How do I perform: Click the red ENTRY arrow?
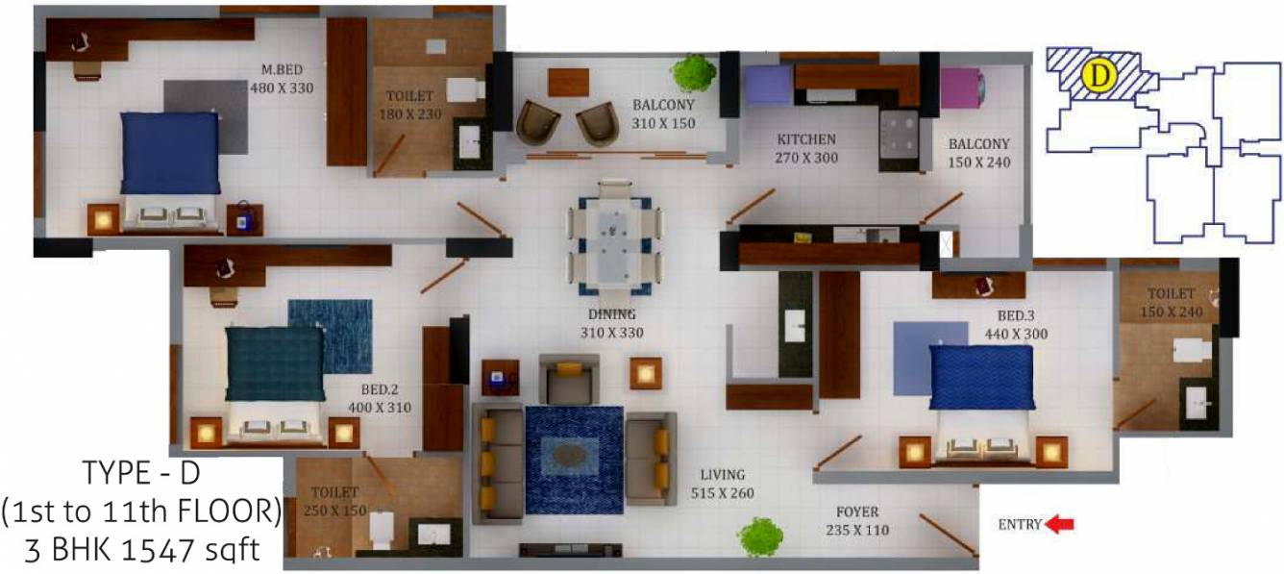click(1060, 524)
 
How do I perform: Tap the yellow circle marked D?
click(1098, 77)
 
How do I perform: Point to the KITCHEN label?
click(805, 139)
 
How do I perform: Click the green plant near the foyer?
click(760, 537)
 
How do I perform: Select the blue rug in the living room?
click(574, 454)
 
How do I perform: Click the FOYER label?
click(856, 512)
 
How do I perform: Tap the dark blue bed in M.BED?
click(170, 154)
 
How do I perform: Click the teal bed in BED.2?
click(275, 363)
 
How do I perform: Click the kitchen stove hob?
click(900, 128)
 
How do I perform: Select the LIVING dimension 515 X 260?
click(722, 493)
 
